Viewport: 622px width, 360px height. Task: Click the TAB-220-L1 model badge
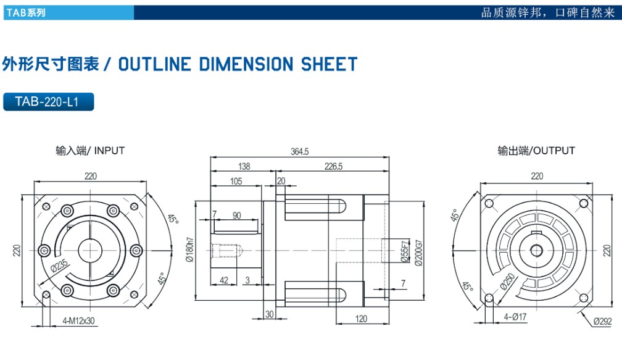point(48,102)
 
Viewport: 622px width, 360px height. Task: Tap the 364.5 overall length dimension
point(299,152)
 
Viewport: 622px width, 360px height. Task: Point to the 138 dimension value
point(244,166)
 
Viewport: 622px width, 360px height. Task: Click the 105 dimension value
point(236,181)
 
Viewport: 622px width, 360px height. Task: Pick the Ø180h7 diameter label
point(189,249)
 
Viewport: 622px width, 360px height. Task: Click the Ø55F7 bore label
point(404,252)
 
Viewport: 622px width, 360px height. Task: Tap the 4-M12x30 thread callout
point(77,321)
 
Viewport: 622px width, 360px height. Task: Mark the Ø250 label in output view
point(508,281)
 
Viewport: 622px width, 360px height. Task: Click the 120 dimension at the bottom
point(361,319)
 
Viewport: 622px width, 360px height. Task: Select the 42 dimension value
point(224,280)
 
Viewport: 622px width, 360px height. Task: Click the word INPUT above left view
point(110,151)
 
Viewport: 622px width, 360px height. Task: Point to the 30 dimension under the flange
point(269,314)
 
